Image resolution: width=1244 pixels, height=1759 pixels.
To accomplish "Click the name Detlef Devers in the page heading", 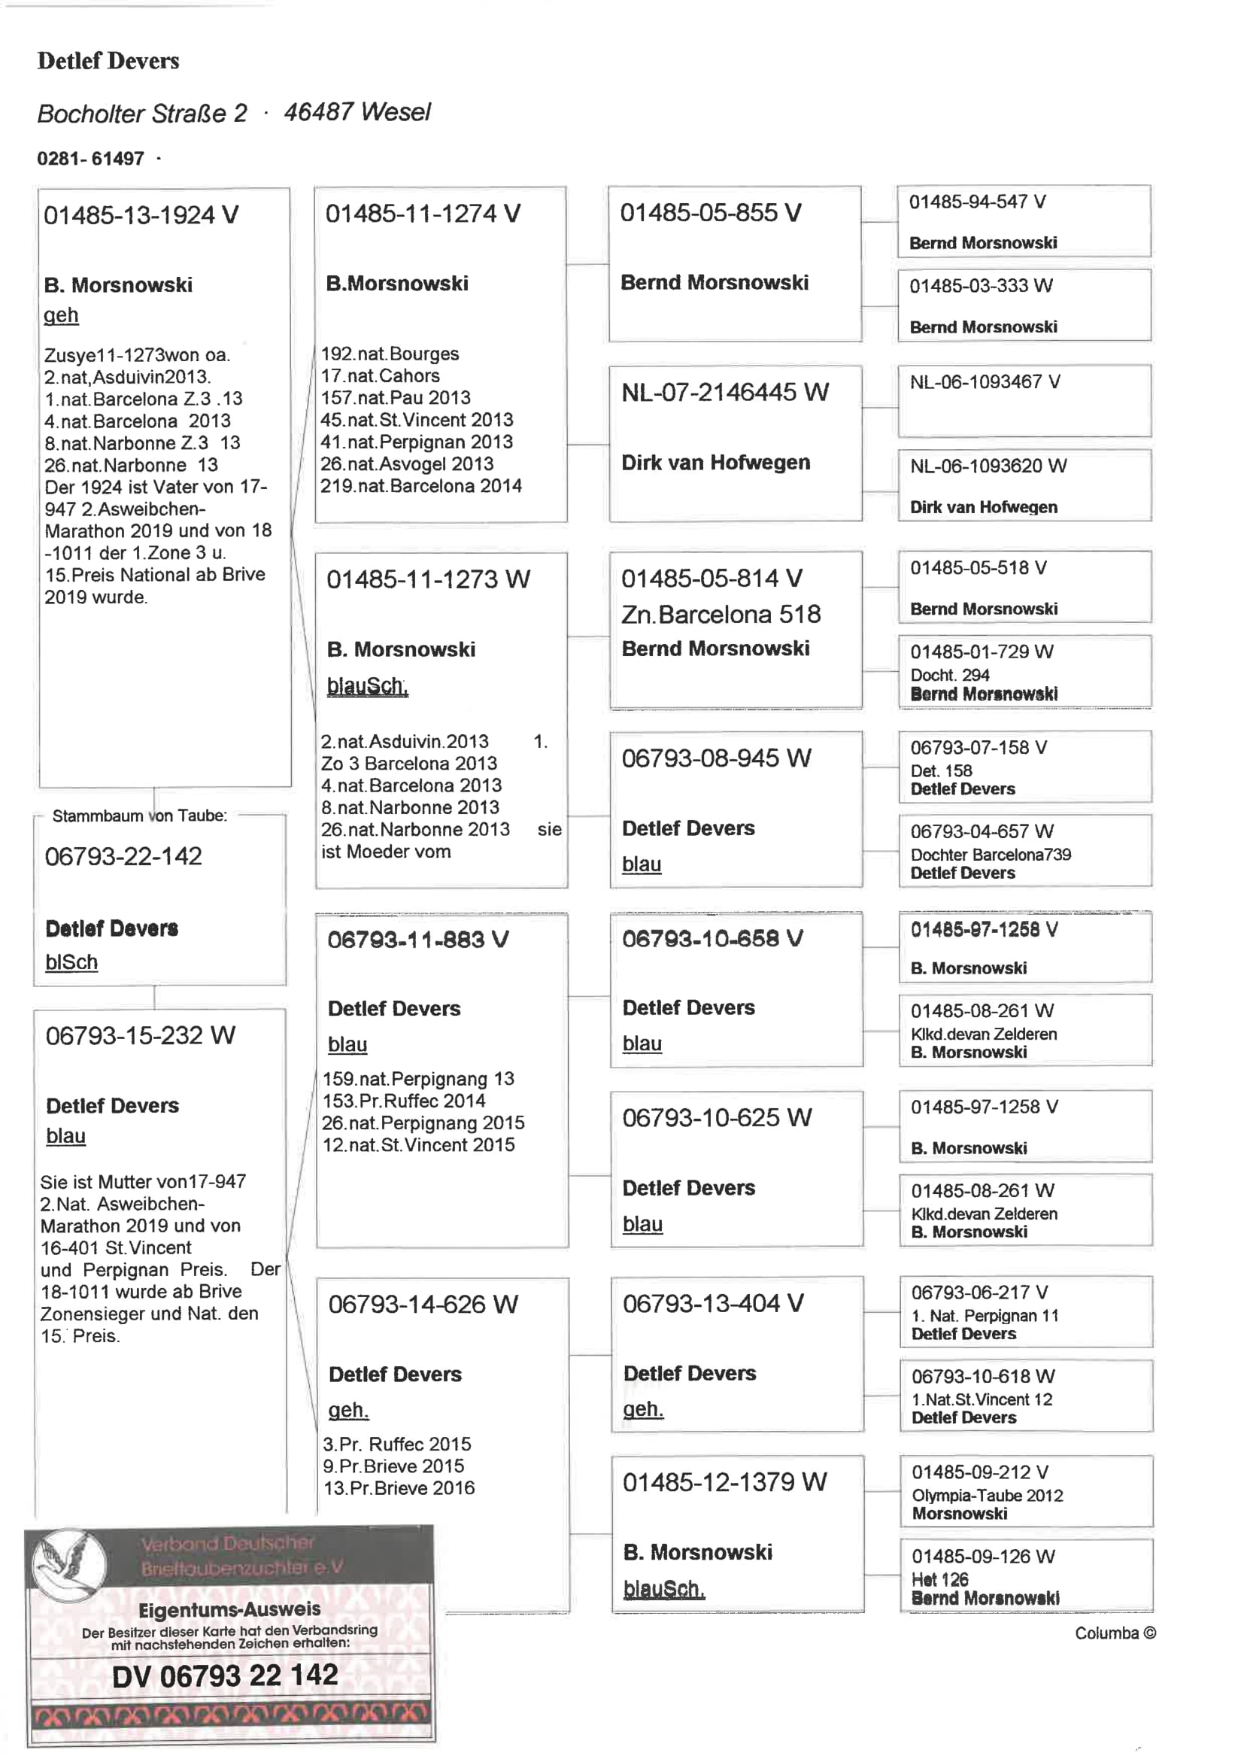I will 108,60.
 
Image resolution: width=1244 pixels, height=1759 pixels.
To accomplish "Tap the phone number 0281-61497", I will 90,159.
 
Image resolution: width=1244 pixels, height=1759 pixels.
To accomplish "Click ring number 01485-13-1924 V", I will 141,215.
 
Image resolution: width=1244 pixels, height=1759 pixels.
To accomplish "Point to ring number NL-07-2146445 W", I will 724,392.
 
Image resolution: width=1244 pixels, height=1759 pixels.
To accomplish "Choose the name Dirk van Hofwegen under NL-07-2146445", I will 715,463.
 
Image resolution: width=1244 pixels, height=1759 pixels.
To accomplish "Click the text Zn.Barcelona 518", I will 720,614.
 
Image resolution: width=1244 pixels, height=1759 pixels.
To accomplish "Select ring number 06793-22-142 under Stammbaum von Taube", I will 123,855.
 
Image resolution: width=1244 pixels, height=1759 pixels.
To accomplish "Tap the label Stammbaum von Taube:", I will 139,815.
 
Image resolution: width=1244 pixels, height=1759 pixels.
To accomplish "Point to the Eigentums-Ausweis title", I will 229,1609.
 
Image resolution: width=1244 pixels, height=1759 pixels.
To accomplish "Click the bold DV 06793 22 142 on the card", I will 224,1675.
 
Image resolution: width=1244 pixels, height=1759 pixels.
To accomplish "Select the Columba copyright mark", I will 1115,1633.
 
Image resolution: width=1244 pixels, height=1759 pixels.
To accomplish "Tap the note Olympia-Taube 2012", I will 987,1495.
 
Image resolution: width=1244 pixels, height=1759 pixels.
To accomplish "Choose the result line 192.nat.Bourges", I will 389,353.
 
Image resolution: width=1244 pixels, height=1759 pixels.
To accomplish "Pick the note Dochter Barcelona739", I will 991,854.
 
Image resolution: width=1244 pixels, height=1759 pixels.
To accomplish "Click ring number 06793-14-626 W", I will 423,1303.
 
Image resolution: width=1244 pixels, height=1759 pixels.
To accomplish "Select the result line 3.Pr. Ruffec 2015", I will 396,1443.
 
